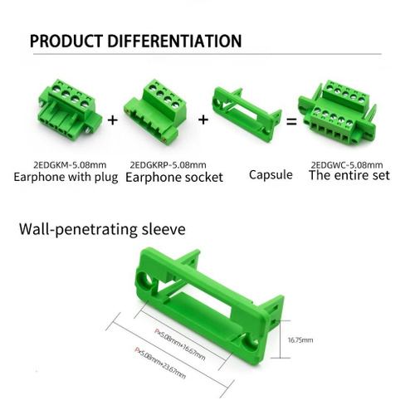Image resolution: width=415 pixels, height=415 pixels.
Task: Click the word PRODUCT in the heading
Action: [x=66, y=41]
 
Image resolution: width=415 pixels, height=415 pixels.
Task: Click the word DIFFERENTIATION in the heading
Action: [x=174, y=41]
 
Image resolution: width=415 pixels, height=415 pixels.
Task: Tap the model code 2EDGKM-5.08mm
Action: [x=70, y=165]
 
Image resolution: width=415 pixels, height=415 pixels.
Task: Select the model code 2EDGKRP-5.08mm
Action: [x=168, y=165]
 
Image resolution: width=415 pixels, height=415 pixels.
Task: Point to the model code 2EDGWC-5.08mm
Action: [x=347, y=165]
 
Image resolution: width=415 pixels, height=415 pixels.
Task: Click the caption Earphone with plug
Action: [x=66, y=177]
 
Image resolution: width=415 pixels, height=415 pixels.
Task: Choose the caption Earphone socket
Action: [x=174, y=178]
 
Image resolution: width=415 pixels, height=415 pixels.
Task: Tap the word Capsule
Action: [x=271, y=175]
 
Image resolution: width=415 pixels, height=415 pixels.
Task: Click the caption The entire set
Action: [x=349, y=175]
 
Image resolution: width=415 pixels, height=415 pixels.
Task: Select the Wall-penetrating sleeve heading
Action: [x=102, y=229]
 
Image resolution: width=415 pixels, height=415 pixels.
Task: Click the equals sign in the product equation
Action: [x=291, y=121]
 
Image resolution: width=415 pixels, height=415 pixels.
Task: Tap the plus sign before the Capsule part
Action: [x=203, y=120]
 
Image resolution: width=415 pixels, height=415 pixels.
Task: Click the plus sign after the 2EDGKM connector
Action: [x=112, y=120]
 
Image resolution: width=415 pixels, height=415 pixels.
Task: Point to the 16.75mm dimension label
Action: [x=300, y=339]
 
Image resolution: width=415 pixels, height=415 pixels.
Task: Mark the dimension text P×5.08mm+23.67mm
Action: [x=160, y=363]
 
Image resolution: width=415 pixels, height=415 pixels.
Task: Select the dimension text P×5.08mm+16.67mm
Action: [x=180, y=344]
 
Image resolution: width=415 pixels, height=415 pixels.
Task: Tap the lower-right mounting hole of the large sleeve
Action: [x=251, y=342]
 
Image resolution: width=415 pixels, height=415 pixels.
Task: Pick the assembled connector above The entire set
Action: [x=337, y=115]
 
